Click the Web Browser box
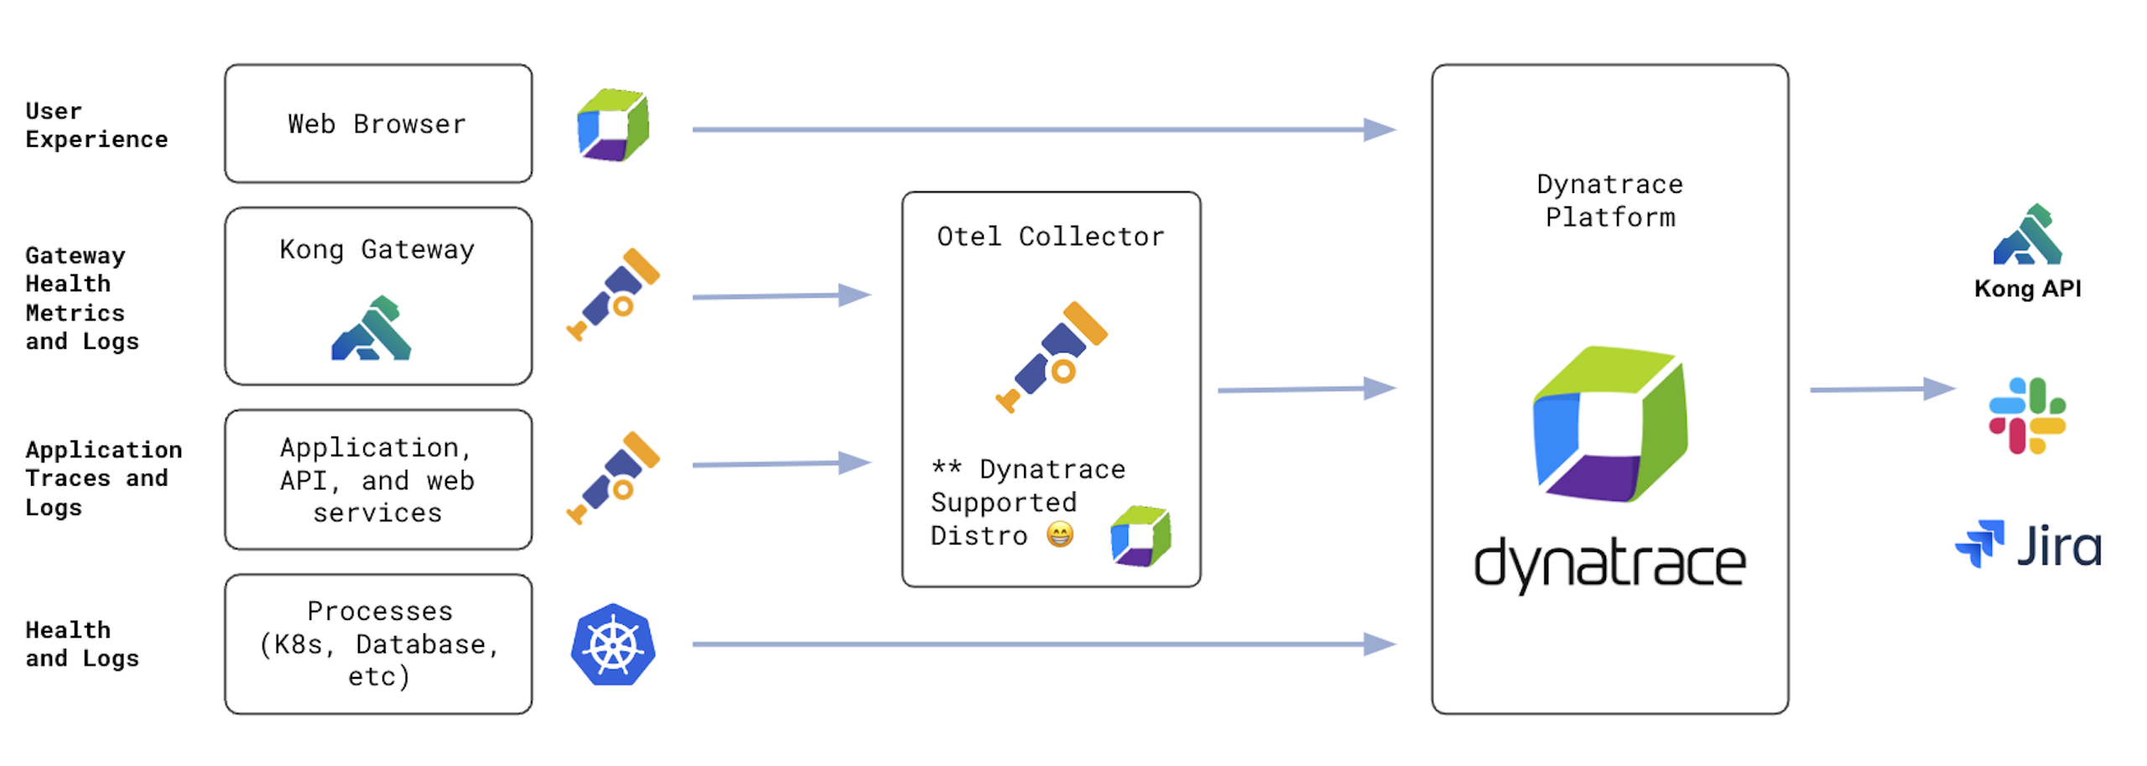point(377,123)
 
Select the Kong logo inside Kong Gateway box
point(371,329)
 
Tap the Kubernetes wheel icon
point(613,644)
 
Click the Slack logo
point(2026,415)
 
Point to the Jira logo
point(2028,545)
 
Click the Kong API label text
point(2027,289)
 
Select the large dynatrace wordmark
point(1609,564)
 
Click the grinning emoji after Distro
point(1059,534)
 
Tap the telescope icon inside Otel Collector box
point(1052,357)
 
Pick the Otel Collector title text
point(1050,237)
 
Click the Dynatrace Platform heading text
point(1609,201)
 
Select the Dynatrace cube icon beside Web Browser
point(613,125)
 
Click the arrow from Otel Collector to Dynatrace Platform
point(1305,389)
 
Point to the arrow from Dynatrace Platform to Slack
point(1881,389)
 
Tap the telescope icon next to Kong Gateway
point(613,294)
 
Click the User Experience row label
point(96,125)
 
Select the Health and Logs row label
point(81,644)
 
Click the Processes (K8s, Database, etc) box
point(377,644)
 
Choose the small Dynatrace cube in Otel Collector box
point(1140,535)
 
